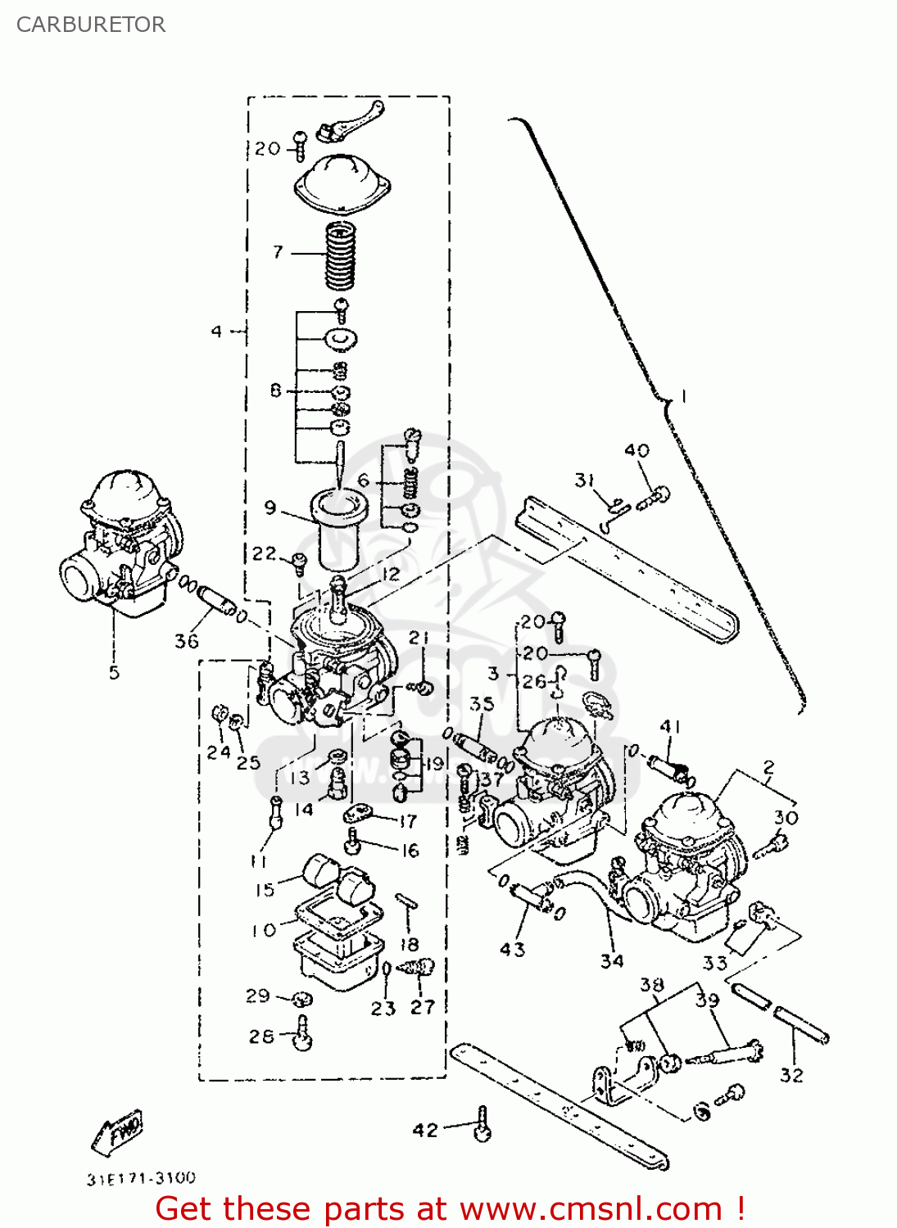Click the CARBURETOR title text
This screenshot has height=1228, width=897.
(x=90, y=25)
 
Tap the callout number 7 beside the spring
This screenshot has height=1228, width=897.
(x=279, y=251)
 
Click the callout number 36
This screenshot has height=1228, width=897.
(x=187, y=641)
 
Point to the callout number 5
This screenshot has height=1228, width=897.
(x=114, y=673)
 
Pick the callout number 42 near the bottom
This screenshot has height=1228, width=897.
(x=425, y=1131)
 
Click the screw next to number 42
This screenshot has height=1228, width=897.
(x=482, y=1125)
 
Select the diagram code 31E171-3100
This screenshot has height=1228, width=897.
(x=141, y=1178)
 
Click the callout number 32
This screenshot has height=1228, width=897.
(x=791, y=1075)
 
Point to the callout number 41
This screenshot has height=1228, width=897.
(x=671, y=727)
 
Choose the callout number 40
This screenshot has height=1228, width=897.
(x=637, y=450)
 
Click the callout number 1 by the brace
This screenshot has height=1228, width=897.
(x=685, y=397)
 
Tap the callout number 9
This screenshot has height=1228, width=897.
(x=270, y=508)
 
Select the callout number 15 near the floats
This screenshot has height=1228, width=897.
(x=265, y=890)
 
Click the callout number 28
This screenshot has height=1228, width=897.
(x=261, y=1036)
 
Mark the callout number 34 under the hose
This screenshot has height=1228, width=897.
(x=612, y=961)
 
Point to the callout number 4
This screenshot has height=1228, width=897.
(x=216, y=332)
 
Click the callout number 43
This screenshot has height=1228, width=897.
(x=512, y=950)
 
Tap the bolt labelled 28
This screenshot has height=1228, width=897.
(x=303, y=1033)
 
